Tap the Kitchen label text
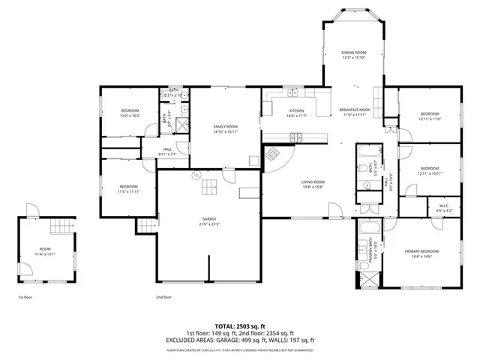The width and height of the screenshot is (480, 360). click(296, 113)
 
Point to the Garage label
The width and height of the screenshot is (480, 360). click(209, 221)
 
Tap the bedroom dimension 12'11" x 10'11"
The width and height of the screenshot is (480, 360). click(430, 173)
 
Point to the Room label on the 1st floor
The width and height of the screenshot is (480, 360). click(46, 251)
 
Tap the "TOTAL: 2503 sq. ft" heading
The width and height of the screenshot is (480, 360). click(240, 327)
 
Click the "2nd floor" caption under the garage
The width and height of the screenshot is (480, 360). click(164, 297)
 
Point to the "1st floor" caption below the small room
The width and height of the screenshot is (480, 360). click(26, 297)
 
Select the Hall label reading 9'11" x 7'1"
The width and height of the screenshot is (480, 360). click(168, 152)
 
